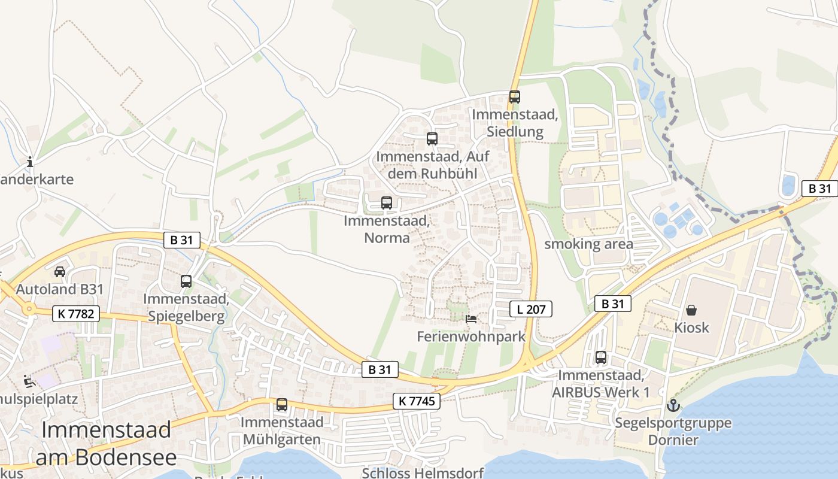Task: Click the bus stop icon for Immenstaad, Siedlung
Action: click(514, 96)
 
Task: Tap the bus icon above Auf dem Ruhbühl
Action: click(432, 139)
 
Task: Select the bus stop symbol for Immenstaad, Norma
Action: click(387, 203)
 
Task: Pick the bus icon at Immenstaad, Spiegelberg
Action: click(186, 281)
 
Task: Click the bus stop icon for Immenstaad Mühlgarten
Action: click(282, 405)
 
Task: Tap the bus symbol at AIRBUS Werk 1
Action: click(601, 357)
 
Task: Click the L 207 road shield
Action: click(530, 309)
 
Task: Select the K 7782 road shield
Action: click(75, 313)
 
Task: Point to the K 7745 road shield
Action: click(417, 401)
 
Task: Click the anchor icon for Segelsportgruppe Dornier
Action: click(673, 405)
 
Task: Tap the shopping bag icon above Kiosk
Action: click(691, 310)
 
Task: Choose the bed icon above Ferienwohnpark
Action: click(471, 319)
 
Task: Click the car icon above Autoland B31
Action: click(60, 272)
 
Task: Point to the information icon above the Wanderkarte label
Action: click(30, 162)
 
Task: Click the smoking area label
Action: click(588, 244)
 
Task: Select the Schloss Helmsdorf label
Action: click(423, 472)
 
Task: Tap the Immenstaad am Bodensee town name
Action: click(107, 444)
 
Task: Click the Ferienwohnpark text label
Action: click(471, 336)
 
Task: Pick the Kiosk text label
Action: click(691, 328)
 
